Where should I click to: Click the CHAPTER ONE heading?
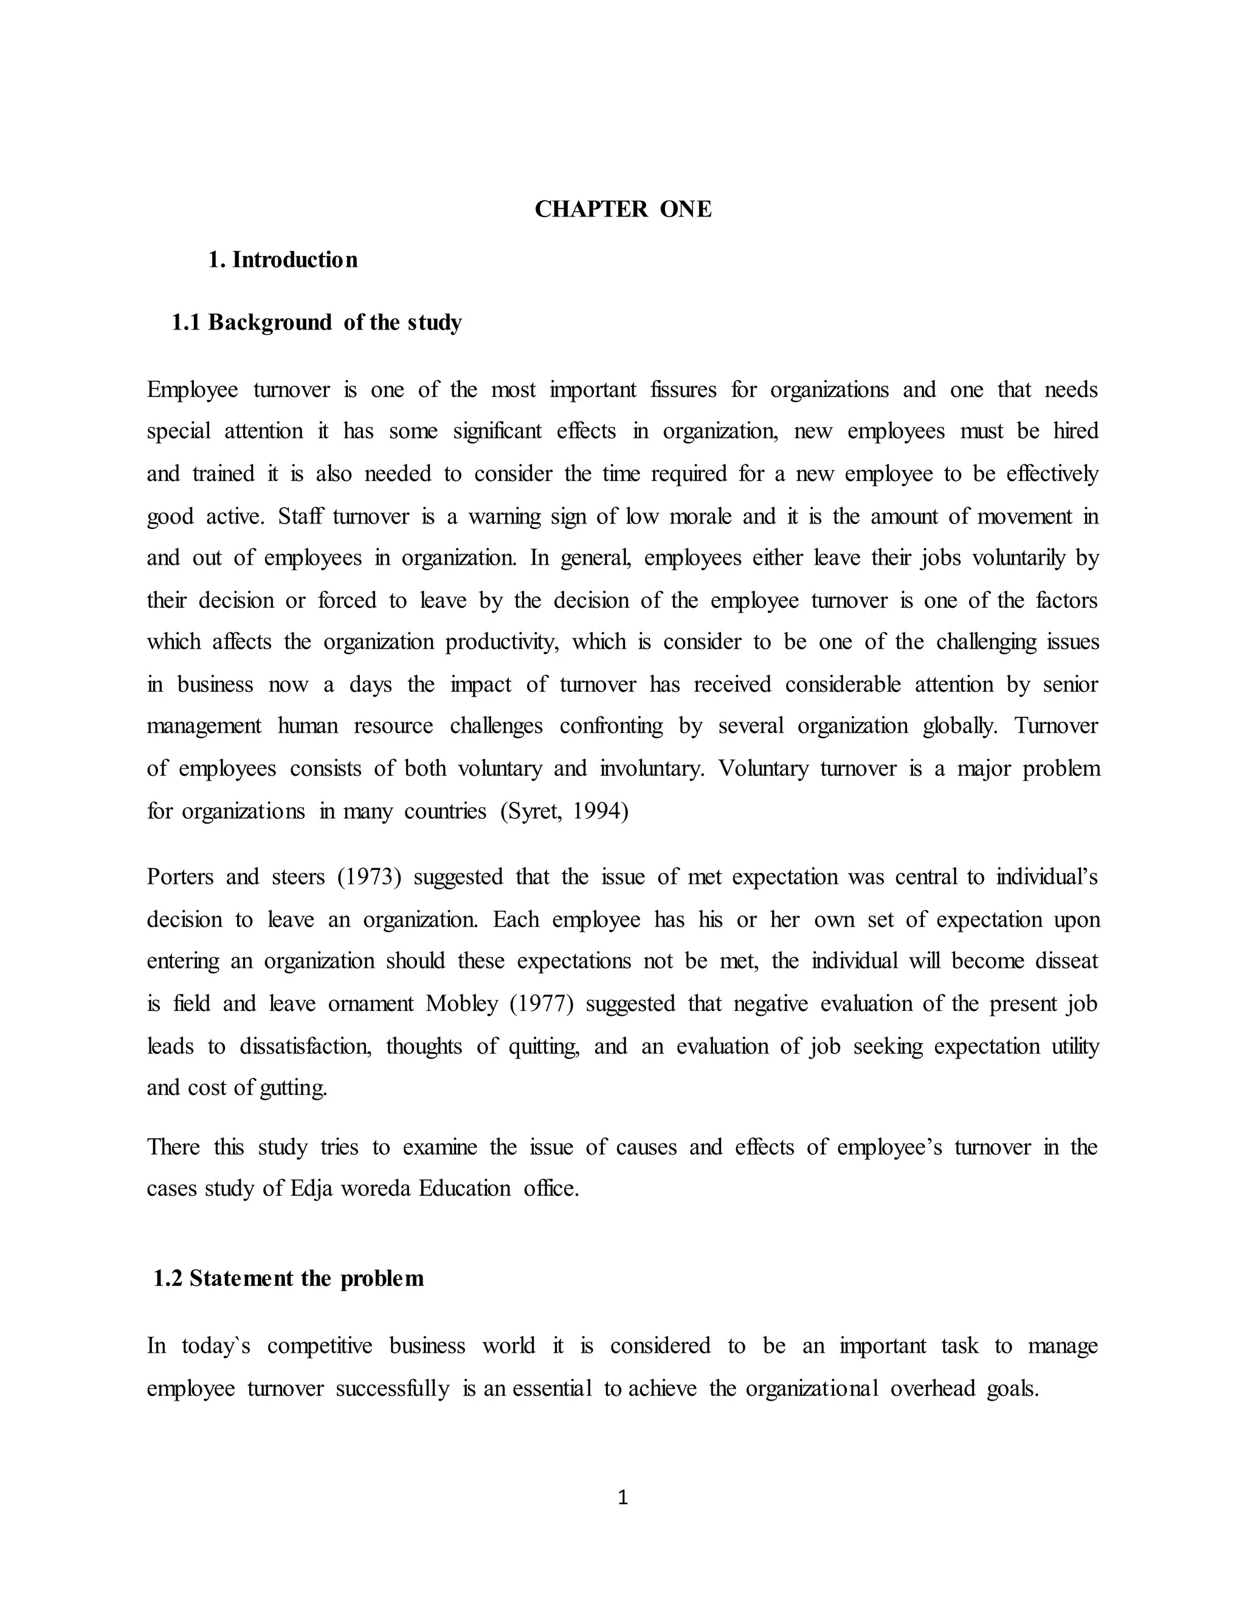pyautogui.click(x=622, y=210)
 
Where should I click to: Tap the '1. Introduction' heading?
pyautogui.click(x=283, y=260)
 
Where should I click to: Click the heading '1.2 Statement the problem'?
pyautogui.click(x=288, y=1278)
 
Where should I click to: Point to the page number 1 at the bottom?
pyautogui.click(x=622, y=1497)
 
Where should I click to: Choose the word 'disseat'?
pyautogui.click(x=1066, y=961)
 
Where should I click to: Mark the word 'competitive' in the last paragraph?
pyautogui.click(x=319, y=1346)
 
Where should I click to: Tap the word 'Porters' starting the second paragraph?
pyautogui.click(x=179, y=877)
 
